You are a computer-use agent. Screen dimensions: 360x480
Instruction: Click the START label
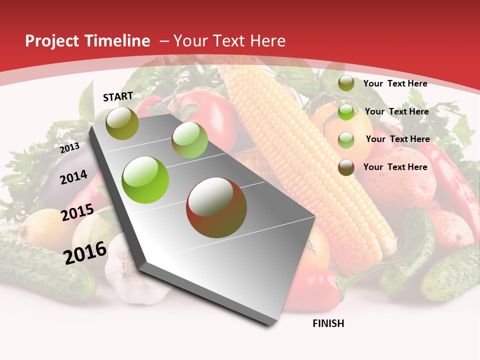click(x=118, y=96)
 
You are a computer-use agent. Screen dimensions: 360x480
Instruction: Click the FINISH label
click(x=328, y=323)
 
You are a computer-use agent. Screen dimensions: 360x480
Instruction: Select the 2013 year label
click(x=69, y=148)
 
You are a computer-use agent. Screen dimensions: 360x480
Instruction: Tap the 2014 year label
click(x=73, y=177)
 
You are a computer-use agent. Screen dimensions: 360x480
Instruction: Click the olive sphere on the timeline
click(x=122, y=123)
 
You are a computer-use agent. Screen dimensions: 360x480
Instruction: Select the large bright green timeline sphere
click(x=145, y=180)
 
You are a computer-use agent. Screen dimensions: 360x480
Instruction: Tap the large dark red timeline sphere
click(x=216, y=207)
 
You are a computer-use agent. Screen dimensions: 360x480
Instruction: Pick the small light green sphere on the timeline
click(x=189, y=140)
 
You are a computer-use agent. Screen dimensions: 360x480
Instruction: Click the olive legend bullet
click(x=346, y=83)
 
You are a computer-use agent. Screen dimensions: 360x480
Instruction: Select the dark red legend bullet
click(x=346, y=167)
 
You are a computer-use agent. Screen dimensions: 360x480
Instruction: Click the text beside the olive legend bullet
click(x=395, y=83)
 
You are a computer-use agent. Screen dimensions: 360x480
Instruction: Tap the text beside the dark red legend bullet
click(x=395, y=167)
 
